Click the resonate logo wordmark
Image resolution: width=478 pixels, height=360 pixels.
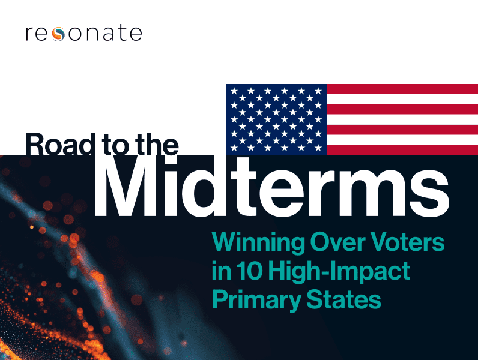(x=83, y=33)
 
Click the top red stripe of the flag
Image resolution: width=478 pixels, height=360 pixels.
(x=402, y=89)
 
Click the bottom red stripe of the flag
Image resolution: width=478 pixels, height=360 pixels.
(x=402, y=150)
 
